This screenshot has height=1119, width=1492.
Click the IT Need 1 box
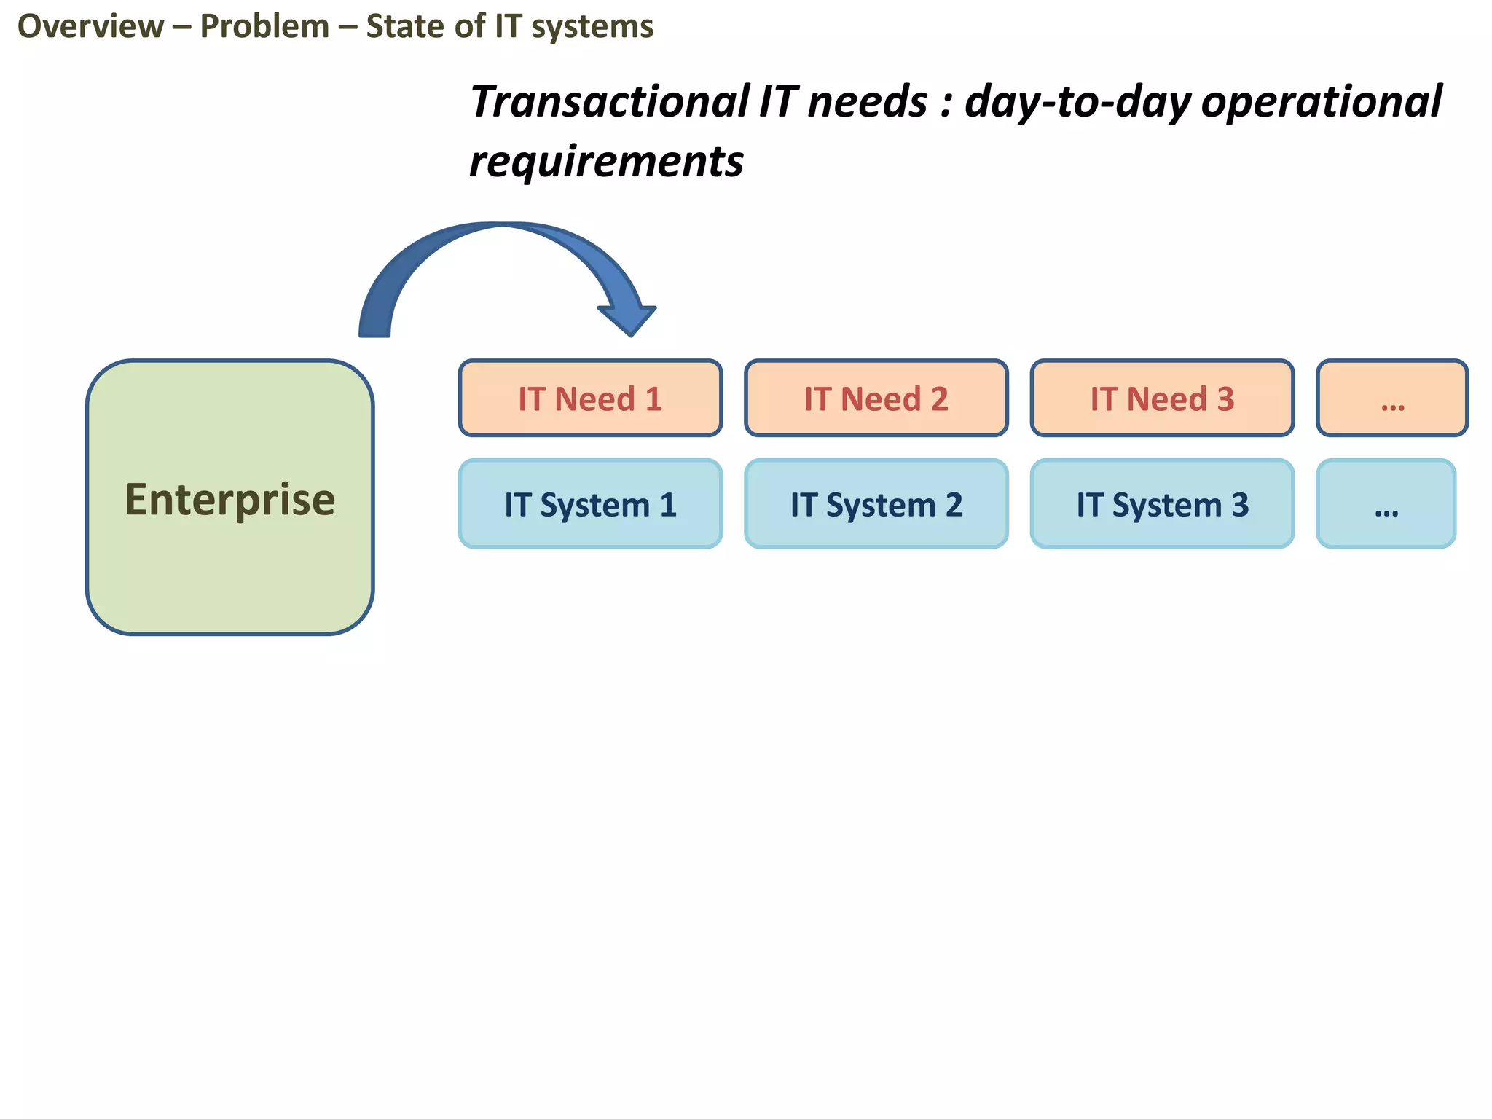pyautogui.click(x=590, y=398)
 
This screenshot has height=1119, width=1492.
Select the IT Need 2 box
pyautogui.click(x=876, y=398)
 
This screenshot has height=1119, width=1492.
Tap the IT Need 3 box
pyautogui.click(x=1162, y=398)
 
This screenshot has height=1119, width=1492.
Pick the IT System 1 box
pyautogui.click(x=590, y=504)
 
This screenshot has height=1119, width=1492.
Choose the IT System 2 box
pyautogui.click(x=876, y=504)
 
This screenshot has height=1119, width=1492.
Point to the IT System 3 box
pyautogui.click(x=1162, y=504)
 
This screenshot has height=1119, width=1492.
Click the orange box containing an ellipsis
pyautogui.click(x=1392, y=398)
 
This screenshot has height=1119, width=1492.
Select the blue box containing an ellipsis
pyautogui.click(x=1386, y=504)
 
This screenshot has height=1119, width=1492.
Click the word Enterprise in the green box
pyautogui.click(x=229, y=500)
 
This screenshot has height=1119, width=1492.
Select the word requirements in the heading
pyautogui.click(x=606, y=162)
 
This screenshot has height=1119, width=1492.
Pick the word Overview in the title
pyautogui.click(x=90, y=27)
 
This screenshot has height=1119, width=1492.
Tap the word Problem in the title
pyautogui.click(x=264, y=27)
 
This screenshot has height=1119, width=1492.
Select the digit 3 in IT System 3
pyautogui.click(x=1240, y=505)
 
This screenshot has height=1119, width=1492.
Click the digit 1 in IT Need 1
pyautogui.click(x=653, y=399)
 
